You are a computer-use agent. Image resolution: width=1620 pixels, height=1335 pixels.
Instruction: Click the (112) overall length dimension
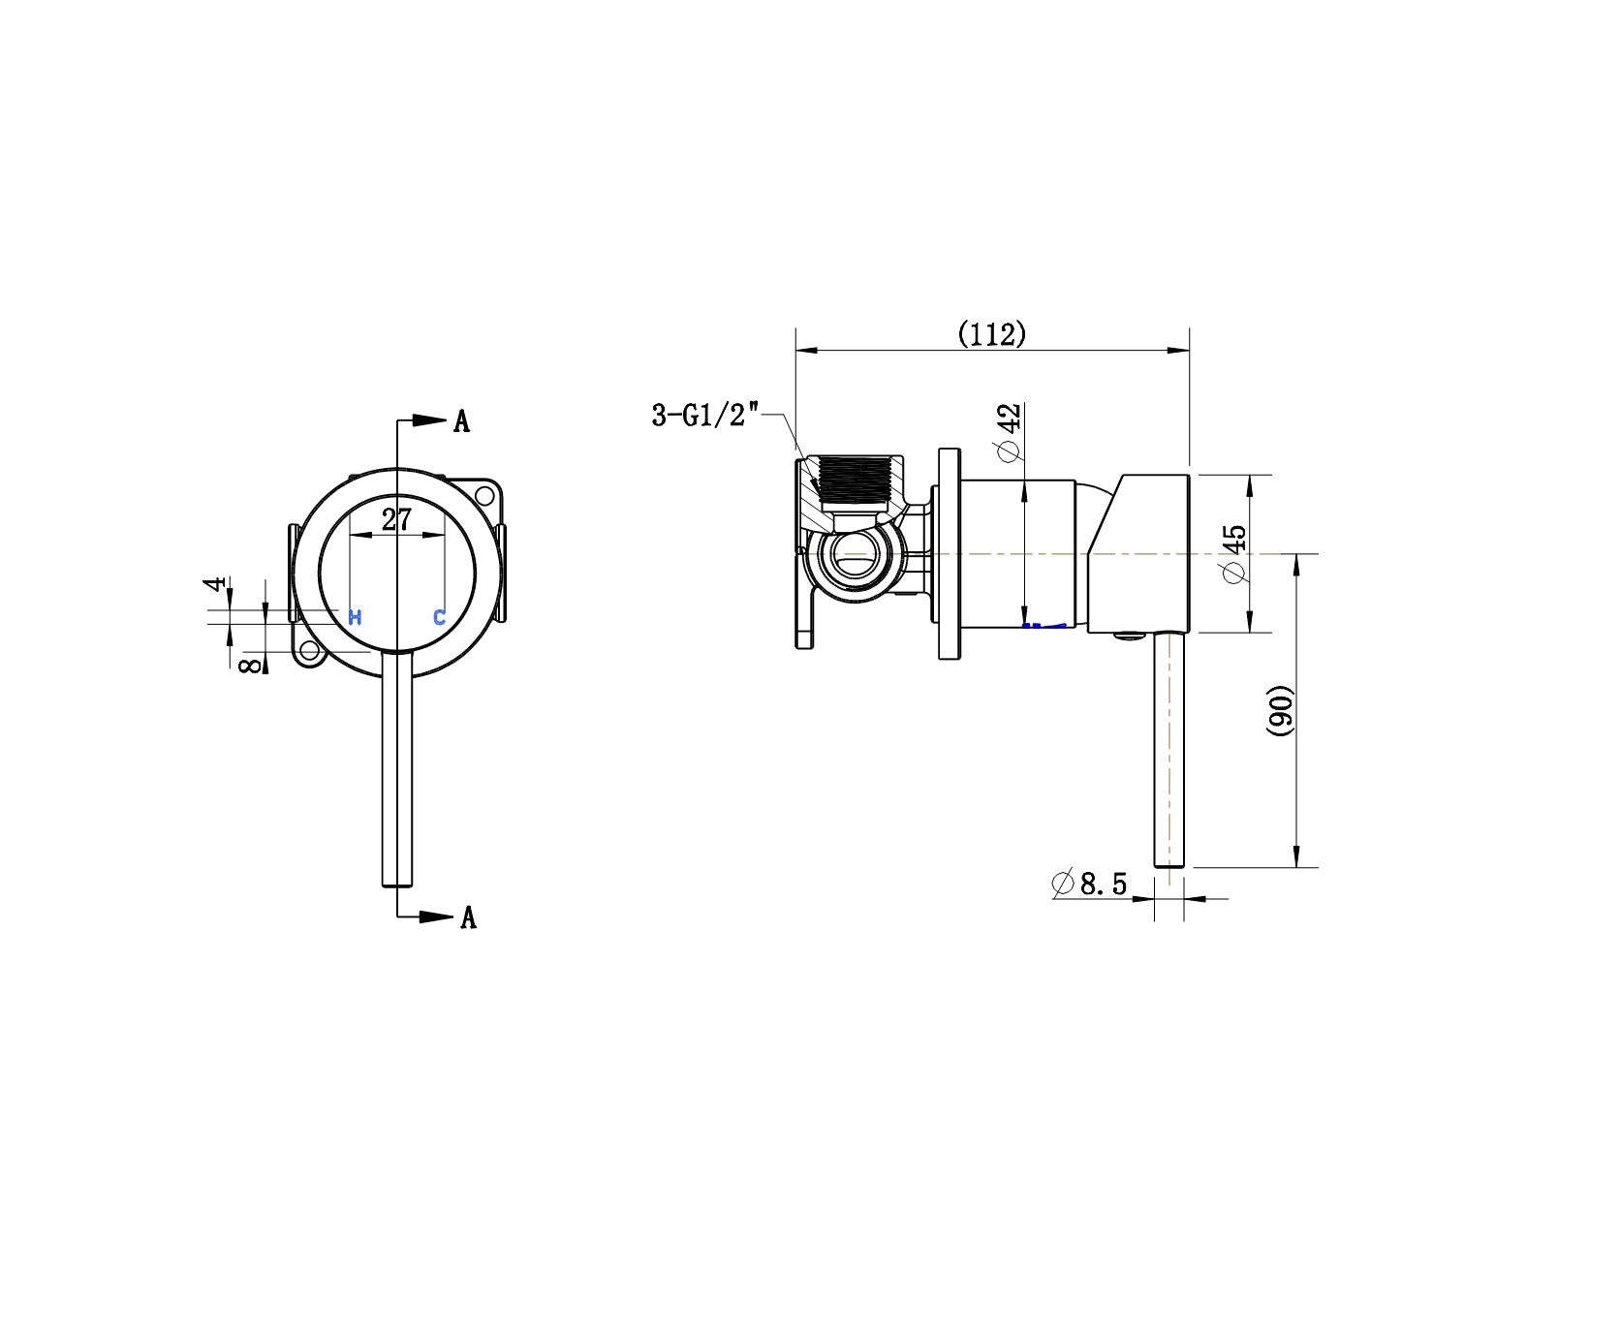click(x=992, y=335)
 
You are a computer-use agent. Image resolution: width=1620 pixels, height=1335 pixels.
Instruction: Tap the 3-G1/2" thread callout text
click(x=703, y=417)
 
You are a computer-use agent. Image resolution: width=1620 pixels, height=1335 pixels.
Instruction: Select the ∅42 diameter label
click(x=1009, y=432)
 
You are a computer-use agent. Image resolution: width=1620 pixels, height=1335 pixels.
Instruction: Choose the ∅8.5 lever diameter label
click(x=1089, y=884)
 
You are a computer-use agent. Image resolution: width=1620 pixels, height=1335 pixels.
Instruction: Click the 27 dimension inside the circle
click(x=396, y=519)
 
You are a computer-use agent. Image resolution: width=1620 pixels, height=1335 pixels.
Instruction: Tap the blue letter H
click(x=355, y=617)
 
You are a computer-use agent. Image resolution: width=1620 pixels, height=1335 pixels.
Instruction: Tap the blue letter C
click(x=439, y=617)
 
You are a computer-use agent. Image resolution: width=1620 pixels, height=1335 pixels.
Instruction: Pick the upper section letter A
click(x=462, y=421)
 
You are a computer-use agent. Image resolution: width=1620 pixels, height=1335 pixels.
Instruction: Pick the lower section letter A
click(x=468, y=917)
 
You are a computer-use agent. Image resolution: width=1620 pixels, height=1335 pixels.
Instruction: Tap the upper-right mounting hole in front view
click(x=484, y=495)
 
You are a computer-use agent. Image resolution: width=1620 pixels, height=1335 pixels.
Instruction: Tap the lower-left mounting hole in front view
click(x=310, y=651)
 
